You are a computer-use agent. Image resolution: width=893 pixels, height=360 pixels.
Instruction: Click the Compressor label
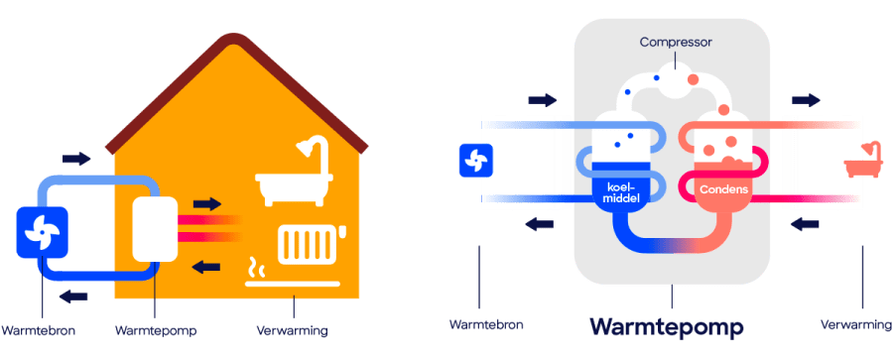tap(676, 43)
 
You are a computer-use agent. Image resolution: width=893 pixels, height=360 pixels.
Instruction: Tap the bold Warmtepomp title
tap(667, 327)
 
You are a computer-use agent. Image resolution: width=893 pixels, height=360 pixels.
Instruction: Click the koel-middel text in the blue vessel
tap(619, 193)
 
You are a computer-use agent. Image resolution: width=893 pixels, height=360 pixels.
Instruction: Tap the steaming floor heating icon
tap(292, 274)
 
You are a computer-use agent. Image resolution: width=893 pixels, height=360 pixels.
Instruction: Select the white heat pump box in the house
tap(155, 229)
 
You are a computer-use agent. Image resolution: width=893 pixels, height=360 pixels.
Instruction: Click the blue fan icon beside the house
tap(42, 232)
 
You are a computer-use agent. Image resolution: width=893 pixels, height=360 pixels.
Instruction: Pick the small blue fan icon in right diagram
tap(476, 160)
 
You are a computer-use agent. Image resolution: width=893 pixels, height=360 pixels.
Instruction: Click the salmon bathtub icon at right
tap(860, 162)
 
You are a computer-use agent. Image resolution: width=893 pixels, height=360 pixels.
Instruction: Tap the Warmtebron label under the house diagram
tap(38, 331)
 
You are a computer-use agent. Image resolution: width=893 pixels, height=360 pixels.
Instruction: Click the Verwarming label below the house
tap(292, 331)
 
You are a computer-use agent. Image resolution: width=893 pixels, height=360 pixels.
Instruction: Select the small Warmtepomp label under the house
tap(156, 331)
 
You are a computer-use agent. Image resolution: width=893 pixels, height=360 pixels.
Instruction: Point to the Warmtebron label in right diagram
tap(486, 325)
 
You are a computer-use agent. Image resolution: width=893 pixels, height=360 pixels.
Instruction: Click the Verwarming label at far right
tap(856, 325)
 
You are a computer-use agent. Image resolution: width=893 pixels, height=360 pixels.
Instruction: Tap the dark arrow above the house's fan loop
tap(76, 158)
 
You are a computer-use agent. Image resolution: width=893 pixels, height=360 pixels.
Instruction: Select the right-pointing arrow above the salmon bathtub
tap(806, 100)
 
